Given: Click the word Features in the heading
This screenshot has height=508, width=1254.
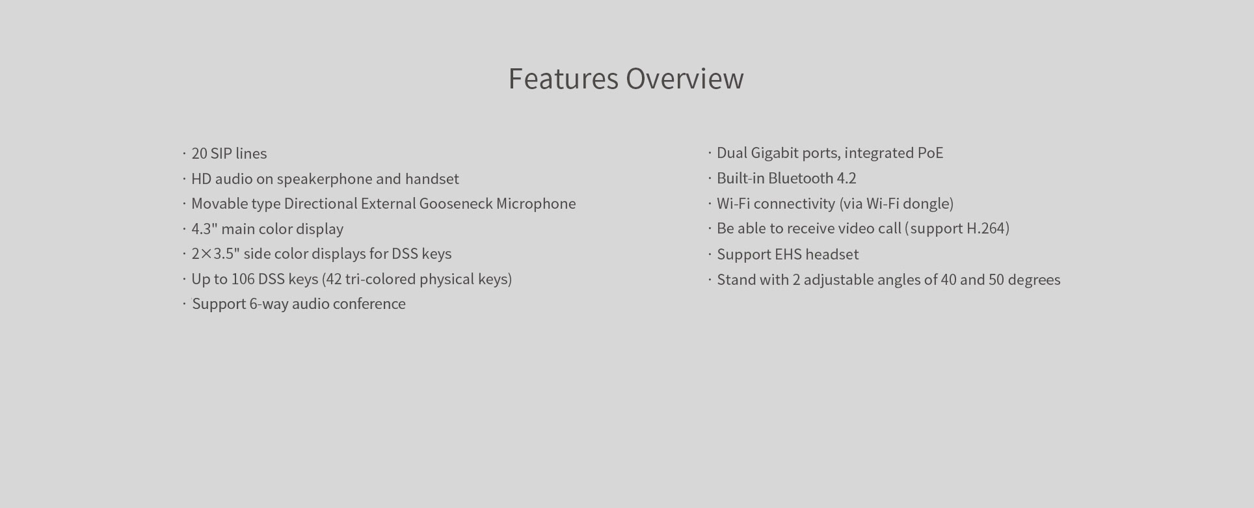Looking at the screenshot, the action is tap(563, 78).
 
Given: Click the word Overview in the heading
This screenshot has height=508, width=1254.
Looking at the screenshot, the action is tap(685, 78).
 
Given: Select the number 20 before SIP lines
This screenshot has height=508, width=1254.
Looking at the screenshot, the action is tap(199, 154).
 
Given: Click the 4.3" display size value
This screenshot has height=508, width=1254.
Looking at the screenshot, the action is tap(204, 229).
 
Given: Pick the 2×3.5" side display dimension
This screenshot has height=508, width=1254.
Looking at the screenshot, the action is tap(215, 254).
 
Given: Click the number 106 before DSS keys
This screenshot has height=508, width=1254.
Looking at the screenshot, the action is tap(243, 279).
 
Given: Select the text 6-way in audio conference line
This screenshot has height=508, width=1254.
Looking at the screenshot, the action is tap(269, 304).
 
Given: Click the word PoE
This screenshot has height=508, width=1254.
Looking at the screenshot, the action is tap(930, 153).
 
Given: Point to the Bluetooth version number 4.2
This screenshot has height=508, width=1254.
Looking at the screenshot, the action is tap(847, 178).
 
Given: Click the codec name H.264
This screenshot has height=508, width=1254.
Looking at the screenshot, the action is tap(986, 228).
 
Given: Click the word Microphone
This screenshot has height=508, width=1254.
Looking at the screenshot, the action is tap(536, 204).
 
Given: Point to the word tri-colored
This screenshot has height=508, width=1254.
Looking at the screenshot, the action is tap(380, 279).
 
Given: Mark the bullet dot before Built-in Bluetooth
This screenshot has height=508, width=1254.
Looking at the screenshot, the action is tap(710, 179).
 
